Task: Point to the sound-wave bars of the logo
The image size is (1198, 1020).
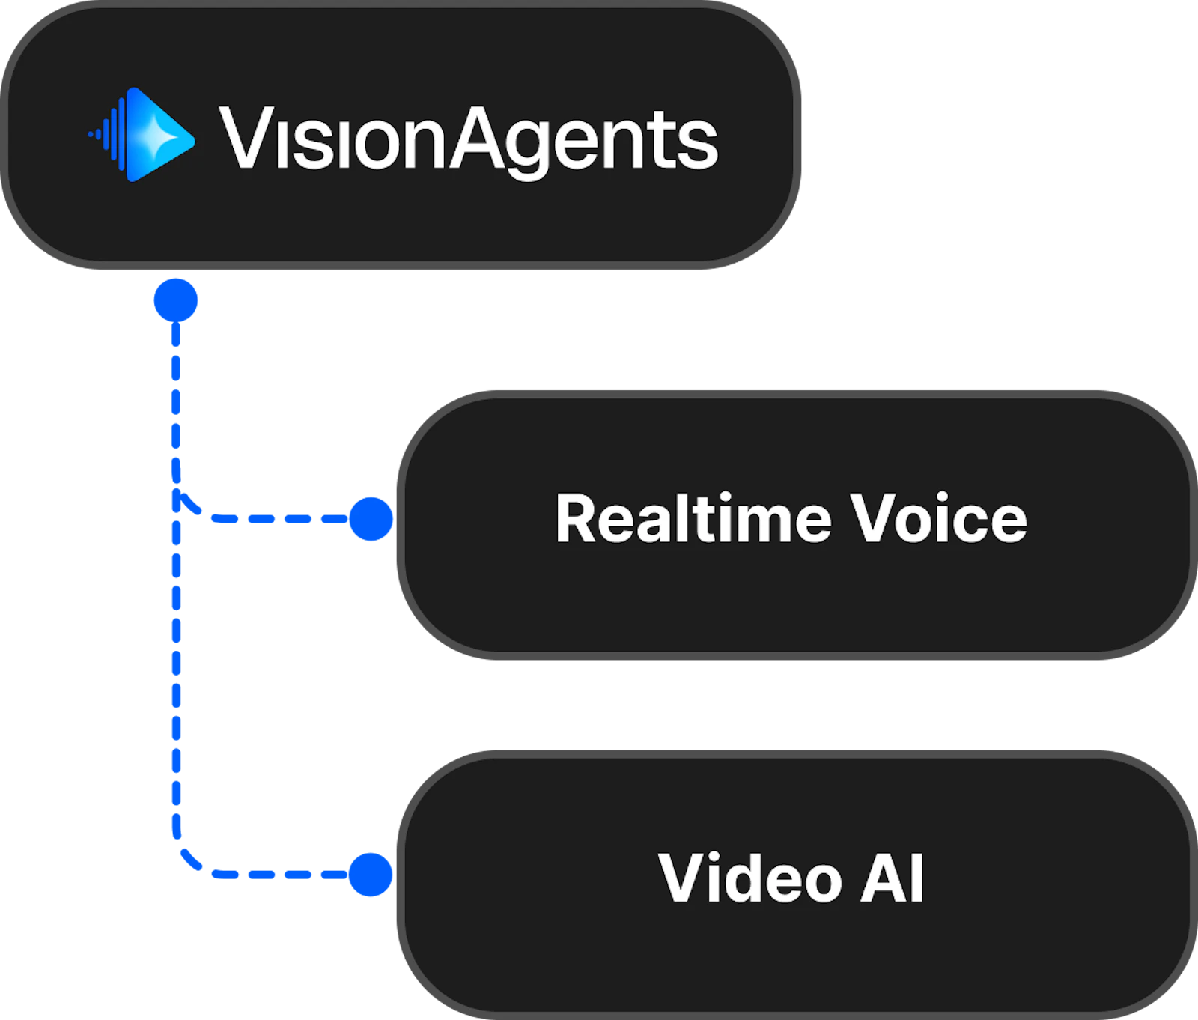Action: [109, 135]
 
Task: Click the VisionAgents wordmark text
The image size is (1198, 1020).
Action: [468, 139]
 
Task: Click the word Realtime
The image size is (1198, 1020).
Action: [693, 518]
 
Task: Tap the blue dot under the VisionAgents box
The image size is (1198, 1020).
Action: [175, 300]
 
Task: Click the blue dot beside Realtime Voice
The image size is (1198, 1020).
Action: [371, 518]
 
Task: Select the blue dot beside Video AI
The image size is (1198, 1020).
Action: [371, 874]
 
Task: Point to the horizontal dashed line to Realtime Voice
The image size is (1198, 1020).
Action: [277, 518]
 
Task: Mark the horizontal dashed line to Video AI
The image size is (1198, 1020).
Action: [277, 874]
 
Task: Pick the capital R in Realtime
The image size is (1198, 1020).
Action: [577, 518]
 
